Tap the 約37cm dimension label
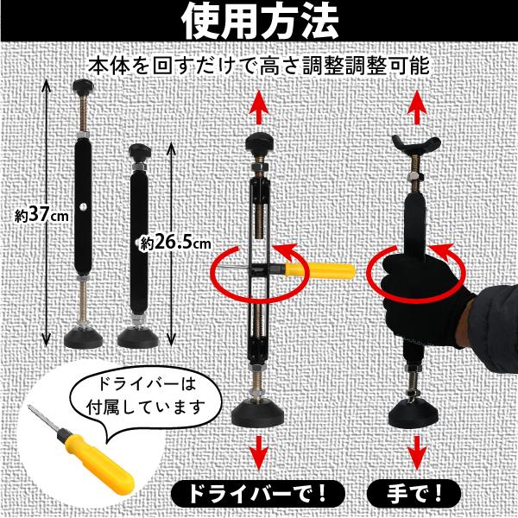[42, 216]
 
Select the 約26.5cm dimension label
[175, 243]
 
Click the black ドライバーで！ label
[258, 494]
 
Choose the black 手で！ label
[414, 494]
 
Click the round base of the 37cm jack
[83, 337]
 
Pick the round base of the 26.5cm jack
[138, 337]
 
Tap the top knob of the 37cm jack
[83, 85]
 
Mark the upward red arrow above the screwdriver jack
[260, 107]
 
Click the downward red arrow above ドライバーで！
[260, 452]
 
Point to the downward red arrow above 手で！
[418, 452]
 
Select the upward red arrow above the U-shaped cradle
[418, 107]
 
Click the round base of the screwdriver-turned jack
[257, 414]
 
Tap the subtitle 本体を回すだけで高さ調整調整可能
[259, 66]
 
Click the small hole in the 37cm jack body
[82, 207]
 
